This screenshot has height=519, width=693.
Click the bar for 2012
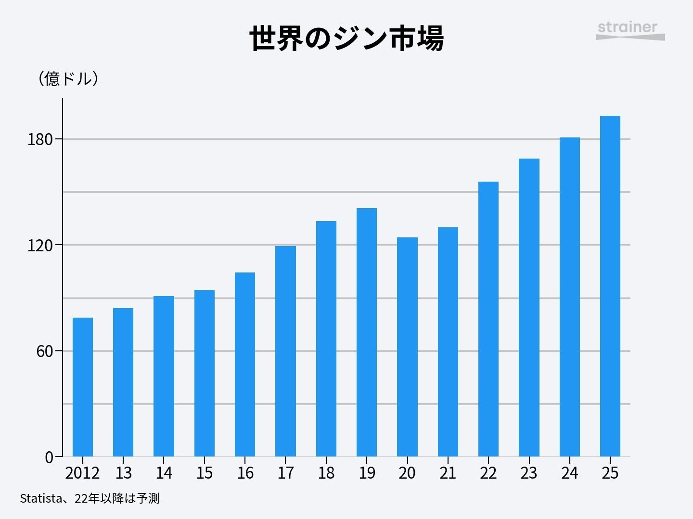click(82, 387)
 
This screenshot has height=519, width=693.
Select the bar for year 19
click(367, 332)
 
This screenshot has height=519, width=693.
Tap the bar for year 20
click(407, 346)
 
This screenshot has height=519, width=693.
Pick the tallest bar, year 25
click(610, 286)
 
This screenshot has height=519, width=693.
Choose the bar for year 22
click(488, 319)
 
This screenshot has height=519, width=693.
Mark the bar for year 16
click(245, 364)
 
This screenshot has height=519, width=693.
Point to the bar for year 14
click(164, 376)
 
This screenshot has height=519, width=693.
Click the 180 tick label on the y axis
click(39, 139)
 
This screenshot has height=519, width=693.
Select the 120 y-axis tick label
click(39, 246)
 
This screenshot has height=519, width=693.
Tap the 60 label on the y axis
click(44, 351)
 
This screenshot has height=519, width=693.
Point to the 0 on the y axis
click(49, 457)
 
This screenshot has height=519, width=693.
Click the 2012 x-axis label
click(82, 473)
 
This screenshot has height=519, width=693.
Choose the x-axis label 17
click(285, 473)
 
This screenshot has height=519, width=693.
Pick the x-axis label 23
click(528, 473)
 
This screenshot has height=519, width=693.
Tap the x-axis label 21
click(448, 473)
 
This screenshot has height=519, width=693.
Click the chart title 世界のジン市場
click(346, 38)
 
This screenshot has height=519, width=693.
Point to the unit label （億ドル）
click(68, 78)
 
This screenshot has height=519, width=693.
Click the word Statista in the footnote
click(40, 498)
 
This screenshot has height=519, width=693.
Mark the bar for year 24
click(569, 297)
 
